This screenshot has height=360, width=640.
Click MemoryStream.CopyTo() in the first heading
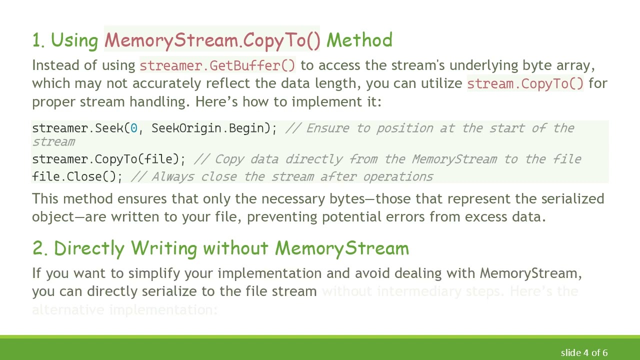[212, 40]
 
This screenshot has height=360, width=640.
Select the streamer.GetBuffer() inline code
[217, 65]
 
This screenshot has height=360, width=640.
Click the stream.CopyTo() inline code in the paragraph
[525, 83]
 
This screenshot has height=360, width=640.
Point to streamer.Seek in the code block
[77, 128]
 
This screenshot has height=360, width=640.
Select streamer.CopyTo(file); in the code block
[108, 159]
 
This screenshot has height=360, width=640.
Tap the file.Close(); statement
[77, 177]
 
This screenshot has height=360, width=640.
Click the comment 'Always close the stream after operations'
[292, 177]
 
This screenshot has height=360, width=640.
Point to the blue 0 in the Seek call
[133, 128]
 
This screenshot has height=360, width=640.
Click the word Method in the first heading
[359, 40]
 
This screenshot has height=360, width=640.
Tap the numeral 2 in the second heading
[38, 248]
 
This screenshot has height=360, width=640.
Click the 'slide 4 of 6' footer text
[584, 353]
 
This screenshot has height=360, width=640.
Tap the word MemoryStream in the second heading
[342, 248]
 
